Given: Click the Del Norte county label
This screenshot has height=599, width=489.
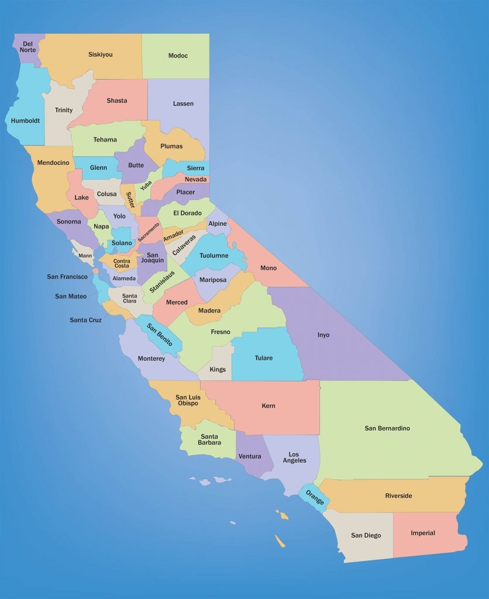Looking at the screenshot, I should (27, 46).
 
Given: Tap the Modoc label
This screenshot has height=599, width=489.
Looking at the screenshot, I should (178, 56).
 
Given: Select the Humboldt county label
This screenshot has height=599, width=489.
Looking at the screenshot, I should (26, 121).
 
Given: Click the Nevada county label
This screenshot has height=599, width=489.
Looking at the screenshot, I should (195, 180).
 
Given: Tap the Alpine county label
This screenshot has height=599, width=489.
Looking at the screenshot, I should (217, 224).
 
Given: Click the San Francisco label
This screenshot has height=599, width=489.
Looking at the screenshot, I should (67, 277).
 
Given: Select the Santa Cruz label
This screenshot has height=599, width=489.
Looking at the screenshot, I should (85, 320).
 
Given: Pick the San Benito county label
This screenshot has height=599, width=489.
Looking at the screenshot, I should (159, 334).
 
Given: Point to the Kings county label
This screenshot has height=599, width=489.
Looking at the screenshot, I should (218, 370).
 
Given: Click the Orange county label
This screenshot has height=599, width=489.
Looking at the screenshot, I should (315, 497).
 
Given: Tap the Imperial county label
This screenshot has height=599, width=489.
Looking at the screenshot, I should (423, 533).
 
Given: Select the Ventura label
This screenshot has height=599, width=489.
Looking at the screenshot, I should (250, 456).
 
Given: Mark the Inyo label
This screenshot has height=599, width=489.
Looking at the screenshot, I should (323, 335).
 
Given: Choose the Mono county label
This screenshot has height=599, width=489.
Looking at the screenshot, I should (268, 268).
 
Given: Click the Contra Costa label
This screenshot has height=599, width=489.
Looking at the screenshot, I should (122, 263).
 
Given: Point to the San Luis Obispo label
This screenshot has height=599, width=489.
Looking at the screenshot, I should (187, 400).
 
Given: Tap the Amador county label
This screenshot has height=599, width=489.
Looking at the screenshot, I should (173, 235).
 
